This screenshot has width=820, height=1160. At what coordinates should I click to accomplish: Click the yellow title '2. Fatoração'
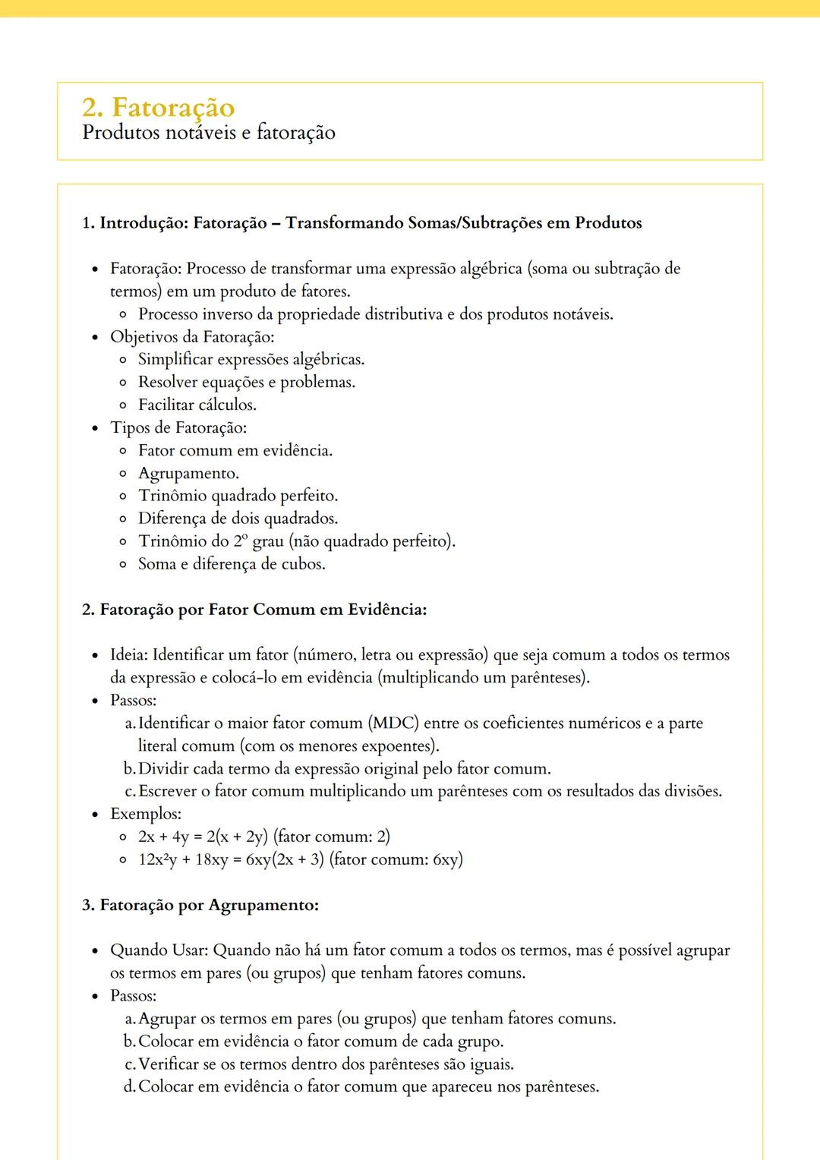[158, 107]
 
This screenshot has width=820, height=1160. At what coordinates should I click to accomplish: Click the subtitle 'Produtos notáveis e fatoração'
[208, 133]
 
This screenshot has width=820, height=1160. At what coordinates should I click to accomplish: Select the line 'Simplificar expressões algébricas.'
[251, 359]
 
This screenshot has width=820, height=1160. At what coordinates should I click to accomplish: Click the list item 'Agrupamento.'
[188, 473]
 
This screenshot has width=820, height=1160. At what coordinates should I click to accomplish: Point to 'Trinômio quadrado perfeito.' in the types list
[238, 496]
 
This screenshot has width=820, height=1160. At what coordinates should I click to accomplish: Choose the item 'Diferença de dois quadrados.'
[238, 519]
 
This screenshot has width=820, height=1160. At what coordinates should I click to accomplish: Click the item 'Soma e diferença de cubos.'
[232, 564]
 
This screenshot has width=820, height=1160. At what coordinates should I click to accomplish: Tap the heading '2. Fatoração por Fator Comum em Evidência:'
[254, 610]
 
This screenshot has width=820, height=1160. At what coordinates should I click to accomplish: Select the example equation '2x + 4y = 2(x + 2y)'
[203, 837]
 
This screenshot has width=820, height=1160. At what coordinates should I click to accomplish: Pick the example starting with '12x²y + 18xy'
[231, 859]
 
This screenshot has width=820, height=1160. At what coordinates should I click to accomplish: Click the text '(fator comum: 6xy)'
[396, 859]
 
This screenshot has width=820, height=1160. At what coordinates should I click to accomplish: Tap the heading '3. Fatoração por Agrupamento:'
[200, 905]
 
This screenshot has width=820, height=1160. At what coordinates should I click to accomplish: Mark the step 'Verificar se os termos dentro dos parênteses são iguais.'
[326, 1064]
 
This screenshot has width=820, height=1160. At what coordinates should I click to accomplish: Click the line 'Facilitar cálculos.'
[197, 405]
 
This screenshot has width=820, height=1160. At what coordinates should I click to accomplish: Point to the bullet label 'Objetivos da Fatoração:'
[192, 336]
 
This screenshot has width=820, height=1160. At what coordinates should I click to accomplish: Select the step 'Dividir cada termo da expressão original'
[344, 768]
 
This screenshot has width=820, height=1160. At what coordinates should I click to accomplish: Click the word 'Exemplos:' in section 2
[146, 814]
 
